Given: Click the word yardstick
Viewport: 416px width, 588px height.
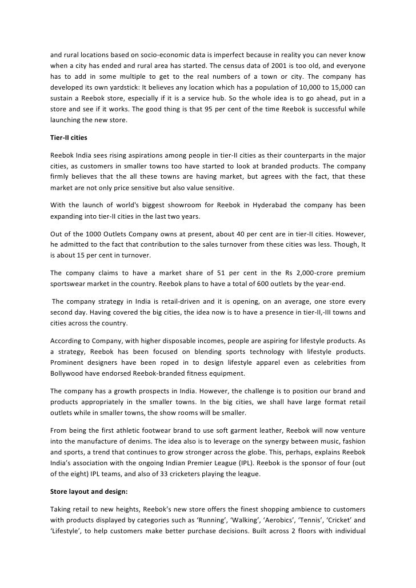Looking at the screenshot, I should coord(130,87).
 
